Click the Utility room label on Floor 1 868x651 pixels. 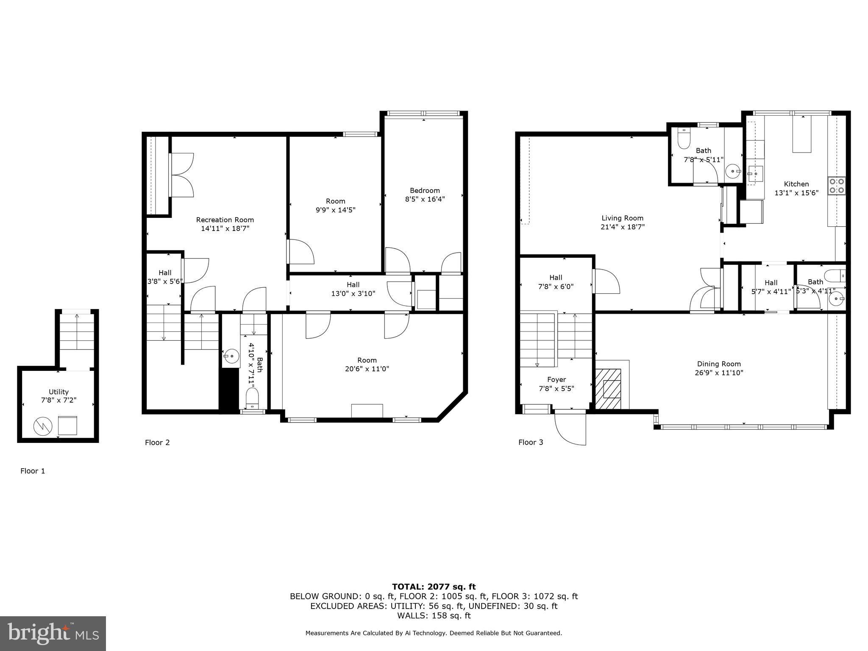58,392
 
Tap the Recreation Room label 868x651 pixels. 225,220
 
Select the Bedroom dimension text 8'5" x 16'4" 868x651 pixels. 425,199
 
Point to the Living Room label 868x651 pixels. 622,218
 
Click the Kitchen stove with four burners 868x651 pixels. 836,186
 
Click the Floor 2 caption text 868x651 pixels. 157,442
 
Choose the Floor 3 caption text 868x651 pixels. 531,442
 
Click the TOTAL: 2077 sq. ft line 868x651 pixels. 434,587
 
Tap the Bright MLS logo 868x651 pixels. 53,634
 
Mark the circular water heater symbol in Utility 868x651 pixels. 43,426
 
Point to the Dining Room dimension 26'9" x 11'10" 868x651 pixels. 719,373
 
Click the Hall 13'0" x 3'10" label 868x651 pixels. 353,289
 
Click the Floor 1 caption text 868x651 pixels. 33,471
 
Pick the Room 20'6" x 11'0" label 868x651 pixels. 367,364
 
